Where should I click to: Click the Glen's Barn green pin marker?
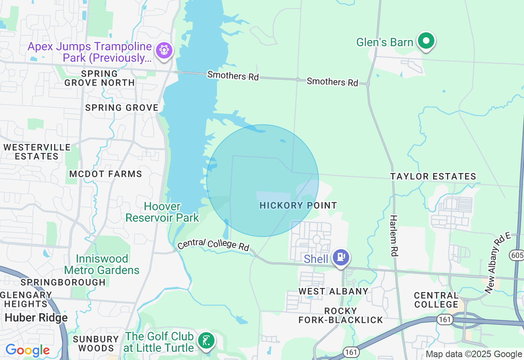[426, 41]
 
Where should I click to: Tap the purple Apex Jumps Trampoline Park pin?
[164, 51]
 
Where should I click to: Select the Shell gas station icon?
[341, 258]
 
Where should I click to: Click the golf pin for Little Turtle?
[206, 340]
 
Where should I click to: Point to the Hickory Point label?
[298, 205]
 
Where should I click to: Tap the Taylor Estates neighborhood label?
[433, 177]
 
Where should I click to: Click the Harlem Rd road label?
[393, 236]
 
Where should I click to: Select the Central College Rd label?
[213, 244]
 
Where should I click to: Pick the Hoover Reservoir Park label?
[162, 212]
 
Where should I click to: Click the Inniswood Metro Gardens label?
[102, 264]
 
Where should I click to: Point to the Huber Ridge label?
[36, 318]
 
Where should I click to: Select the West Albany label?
[333, 291]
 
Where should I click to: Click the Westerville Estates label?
[37, 152]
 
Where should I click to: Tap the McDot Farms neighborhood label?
[106, 174]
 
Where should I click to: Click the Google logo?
[27, 351]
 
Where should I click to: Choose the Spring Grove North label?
[99, 78]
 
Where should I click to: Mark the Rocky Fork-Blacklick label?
[341, 315]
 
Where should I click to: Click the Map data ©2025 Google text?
[474, 354]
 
